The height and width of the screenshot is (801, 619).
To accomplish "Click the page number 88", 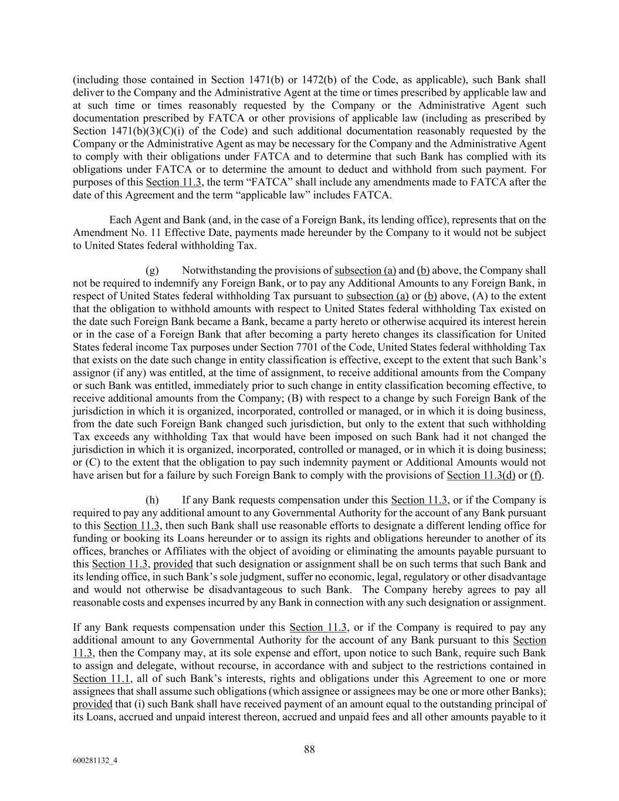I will pos(309,749).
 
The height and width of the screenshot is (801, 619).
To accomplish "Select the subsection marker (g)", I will pos(151,271).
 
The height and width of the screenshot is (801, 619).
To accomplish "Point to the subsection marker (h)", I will pos(151,500).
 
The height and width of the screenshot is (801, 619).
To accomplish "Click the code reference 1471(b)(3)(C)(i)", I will pos(138,131).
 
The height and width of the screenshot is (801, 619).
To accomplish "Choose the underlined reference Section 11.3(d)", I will pos(481,475).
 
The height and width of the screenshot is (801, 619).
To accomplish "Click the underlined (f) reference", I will pos(536,475).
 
